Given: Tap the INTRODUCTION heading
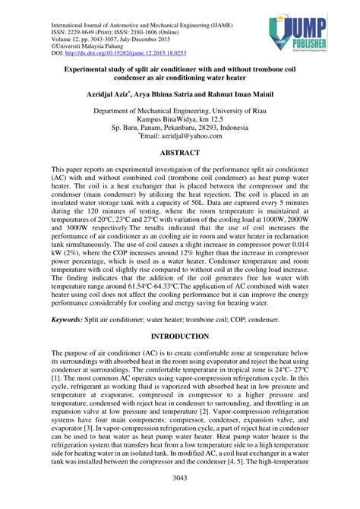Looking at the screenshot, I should click(x=180, y=334).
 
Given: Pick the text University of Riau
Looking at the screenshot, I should click(x=236, y=110).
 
